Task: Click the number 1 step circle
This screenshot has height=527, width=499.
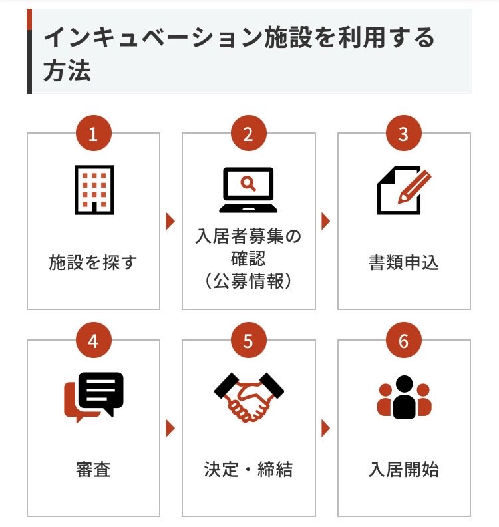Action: [93, 134]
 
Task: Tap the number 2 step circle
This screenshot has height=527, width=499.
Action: [248, 134]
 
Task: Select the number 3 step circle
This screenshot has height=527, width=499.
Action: [403, 134]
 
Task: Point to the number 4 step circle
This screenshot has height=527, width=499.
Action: [93, 341]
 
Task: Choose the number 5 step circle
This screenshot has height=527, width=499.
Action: [248, 341]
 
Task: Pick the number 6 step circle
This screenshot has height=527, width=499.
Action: [403, 341]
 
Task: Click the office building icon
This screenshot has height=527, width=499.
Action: [93, 190]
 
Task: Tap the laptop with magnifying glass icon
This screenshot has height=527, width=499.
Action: [248, 190]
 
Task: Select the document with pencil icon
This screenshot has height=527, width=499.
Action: [403, 190]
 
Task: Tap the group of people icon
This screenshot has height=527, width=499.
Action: [403, 397]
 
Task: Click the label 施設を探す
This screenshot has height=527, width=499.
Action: [93, 262]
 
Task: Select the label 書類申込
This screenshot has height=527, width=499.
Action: [403, 262]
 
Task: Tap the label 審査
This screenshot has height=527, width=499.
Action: [93, 470]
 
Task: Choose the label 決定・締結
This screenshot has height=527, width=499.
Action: [248, 470]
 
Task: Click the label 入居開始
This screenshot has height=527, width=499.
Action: [403, 470]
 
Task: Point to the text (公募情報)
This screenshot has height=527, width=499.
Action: [248, 281]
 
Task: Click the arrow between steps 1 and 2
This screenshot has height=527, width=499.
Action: [170, 221]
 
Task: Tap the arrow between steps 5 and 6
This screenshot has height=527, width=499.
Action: [325, 429]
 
